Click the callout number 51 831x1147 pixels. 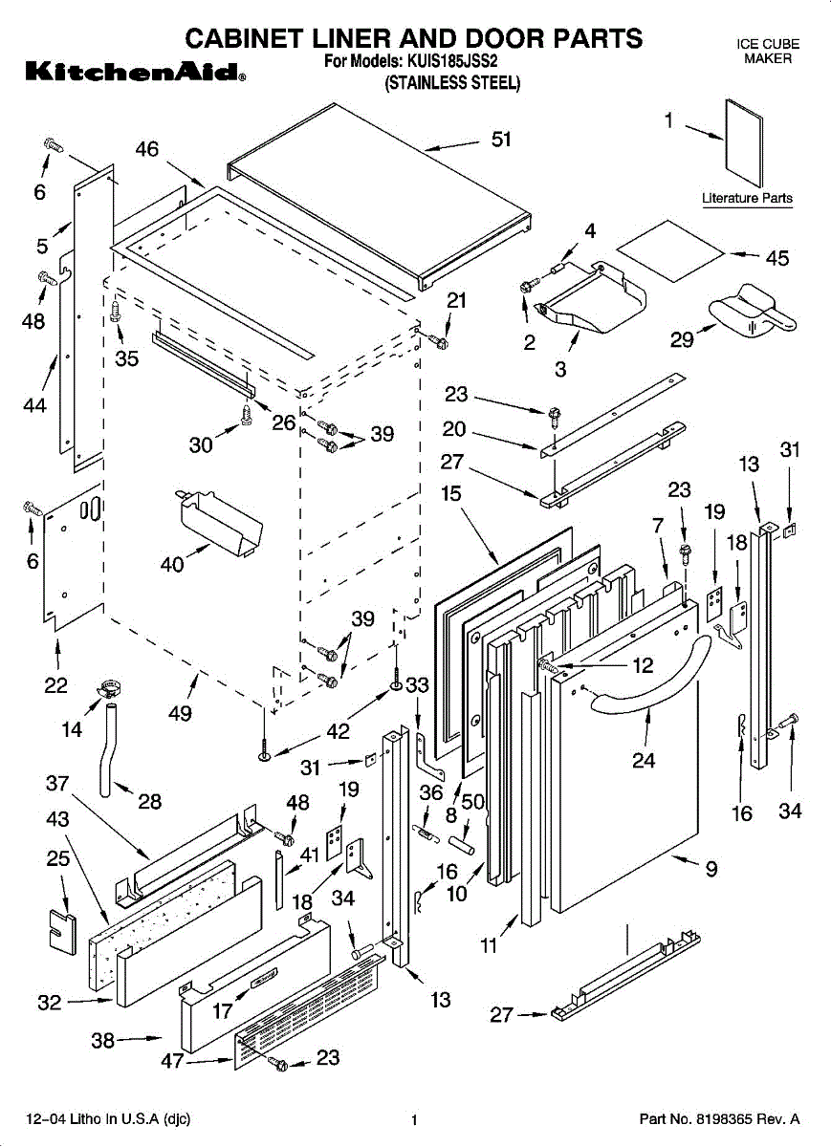[501, 140]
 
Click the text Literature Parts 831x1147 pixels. [747, 198]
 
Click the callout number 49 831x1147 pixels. [180, 713]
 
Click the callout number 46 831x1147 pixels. [146, 149]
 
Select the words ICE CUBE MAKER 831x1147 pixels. [767, 52]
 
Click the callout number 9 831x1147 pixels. [711, 870]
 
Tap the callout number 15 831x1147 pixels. [450, 494]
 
